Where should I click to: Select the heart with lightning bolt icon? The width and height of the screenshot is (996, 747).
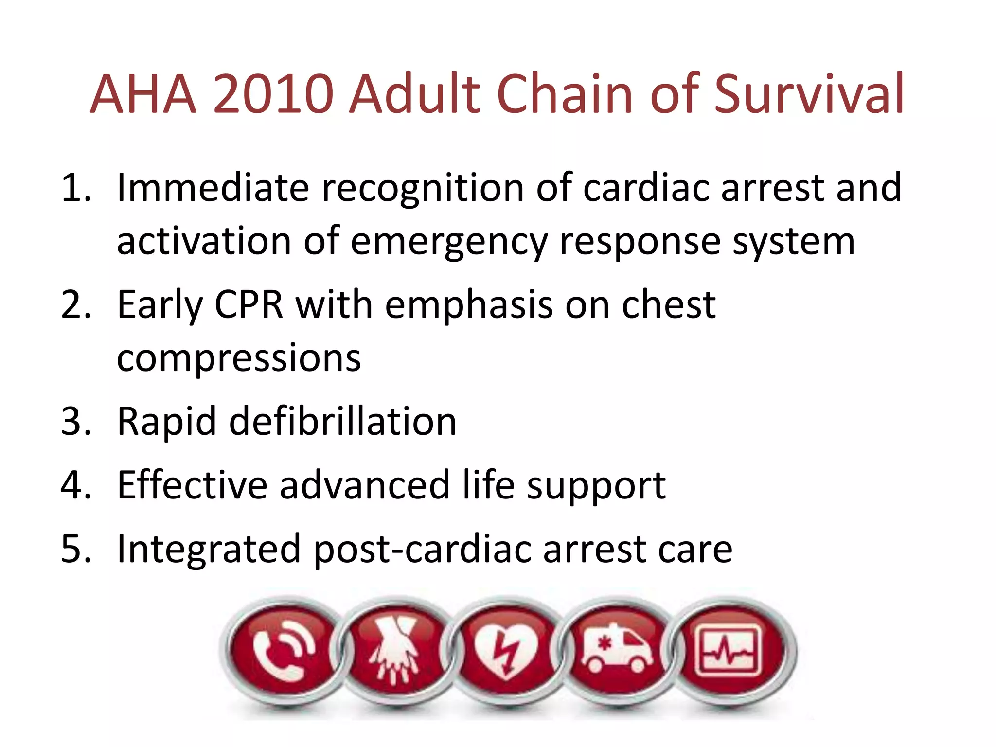pyautogui.click(x=506, y=652)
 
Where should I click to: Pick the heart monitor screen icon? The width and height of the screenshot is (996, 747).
pyautogui.click(x=728, y=651)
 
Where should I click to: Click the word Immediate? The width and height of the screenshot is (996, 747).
pyautogui.click(x=213, y=188)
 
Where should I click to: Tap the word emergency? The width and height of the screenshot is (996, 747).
pyautogui.click(x=449, y=242)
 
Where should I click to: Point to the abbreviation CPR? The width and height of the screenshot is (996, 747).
pyautogui.click(x=249, y=305)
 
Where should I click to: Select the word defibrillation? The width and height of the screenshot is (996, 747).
pyautogui.click(x=342, y=421)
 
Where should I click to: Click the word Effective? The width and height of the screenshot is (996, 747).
pyautogui.click(x=192, y=485)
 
